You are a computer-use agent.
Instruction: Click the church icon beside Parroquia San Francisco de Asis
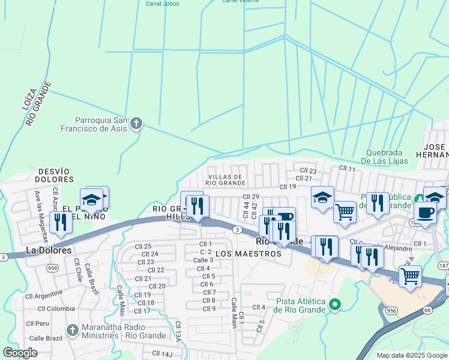136,124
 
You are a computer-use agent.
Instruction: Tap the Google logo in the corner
20,353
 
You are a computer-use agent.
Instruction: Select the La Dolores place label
48,250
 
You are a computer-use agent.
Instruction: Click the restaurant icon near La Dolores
61,222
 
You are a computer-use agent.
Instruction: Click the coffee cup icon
425,212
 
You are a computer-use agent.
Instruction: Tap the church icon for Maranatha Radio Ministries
72,330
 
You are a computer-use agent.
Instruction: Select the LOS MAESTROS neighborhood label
248,254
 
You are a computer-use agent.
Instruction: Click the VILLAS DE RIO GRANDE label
225,179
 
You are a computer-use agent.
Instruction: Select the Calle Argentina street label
43,295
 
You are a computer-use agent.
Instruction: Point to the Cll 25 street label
143,247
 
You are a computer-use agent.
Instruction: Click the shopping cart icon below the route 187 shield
410,277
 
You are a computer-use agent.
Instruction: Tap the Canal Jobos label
162,3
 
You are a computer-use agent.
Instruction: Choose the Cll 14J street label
162,353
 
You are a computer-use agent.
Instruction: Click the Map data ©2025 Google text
412,355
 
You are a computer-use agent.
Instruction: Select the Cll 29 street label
250,197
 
